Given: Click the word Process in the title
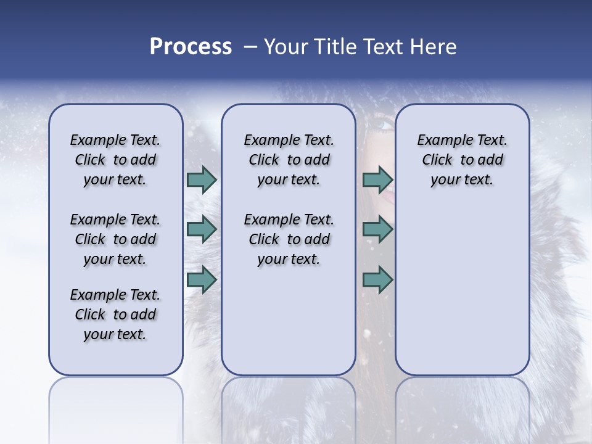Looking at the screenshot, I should (x=191, y=46).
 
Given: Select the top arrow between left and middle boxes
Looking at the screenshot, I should (x=201, y=179).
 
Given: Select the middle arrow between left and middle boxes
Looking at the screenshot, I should (x=201, y=229).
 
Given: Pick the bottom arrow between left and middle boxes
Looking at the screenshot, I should (x=201, y=280).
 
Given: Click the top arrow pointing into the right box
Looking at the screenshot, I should (x=377, y=179).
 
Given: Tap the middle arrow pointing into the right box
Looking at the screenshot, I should (x=377, y=229).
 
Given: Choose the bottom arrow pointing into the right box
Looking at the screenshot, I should (x=377, y=280).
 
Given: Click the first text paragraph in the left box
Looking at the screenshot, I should (x=115, y=160).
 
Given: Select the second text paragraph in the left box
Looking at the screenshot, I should (x=115, y=239).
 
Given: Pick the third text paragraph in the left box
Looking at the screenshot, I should (x=115, y=314).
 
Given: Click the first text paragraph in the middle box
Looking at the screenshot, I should (x=289, y=160).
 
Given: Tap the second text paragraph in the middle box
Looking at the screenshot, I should (x=289, y=239).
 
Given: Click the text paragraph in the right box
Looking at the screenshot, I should (x=462, y=160).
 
